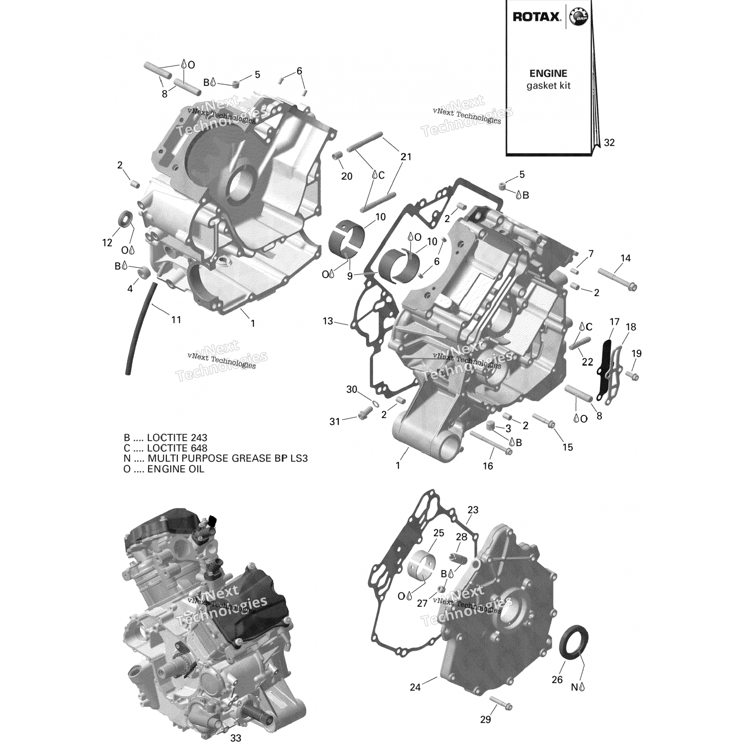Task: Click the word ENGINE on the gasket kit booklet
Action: (x=548, y=74)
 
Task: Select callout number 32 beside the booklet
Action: (x=609, y=143)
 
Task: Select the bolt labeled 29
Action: (x=501, y=703)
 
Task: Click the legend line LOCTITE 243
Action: (x=165, y=438)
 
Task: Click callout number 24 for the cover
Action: (x=415, y=687)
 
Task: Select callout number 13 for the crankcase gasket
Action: (x=328, y=321)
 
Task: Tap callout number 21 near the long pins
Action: (x=406, y=157)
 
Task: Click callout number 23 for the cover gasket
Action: (x=473, y=510)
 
